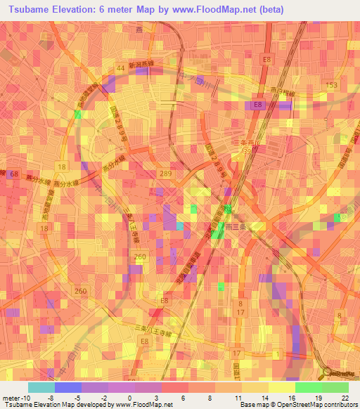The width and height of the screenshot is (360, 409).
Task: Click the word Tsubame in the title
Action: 28,10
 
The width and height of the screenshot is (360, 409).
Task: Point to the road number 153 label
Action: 331,85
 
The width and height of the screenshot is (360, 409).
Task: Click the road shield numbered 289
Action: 165,173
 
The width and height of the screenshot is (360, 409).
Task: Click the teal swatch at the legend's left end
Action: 41,387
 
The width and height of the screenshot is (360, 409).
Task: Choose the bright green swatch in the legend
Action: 308,387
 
